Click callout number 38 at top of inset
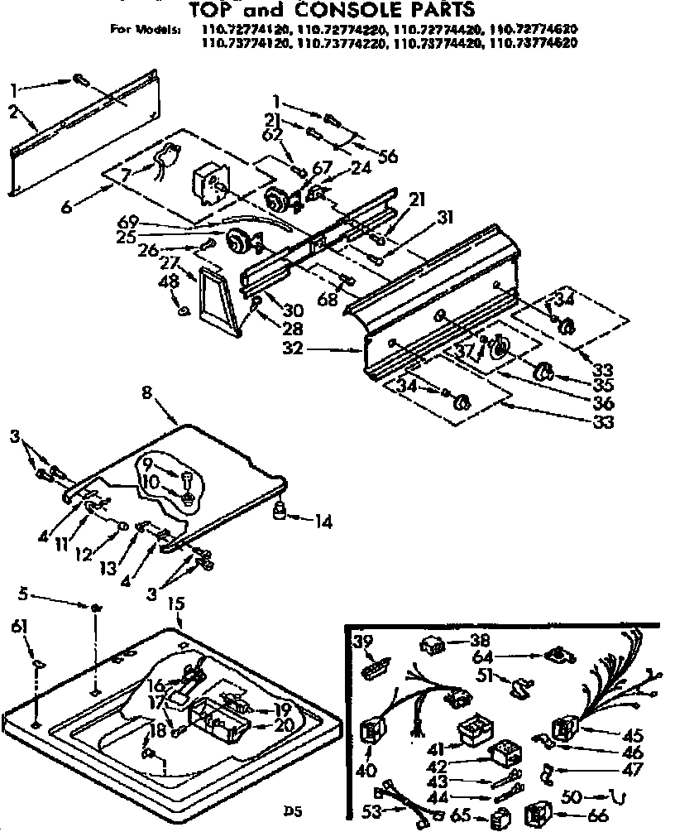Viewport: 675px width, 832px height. (480, 640)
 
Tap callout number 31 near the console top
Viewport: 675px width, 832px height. (446, 218)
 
